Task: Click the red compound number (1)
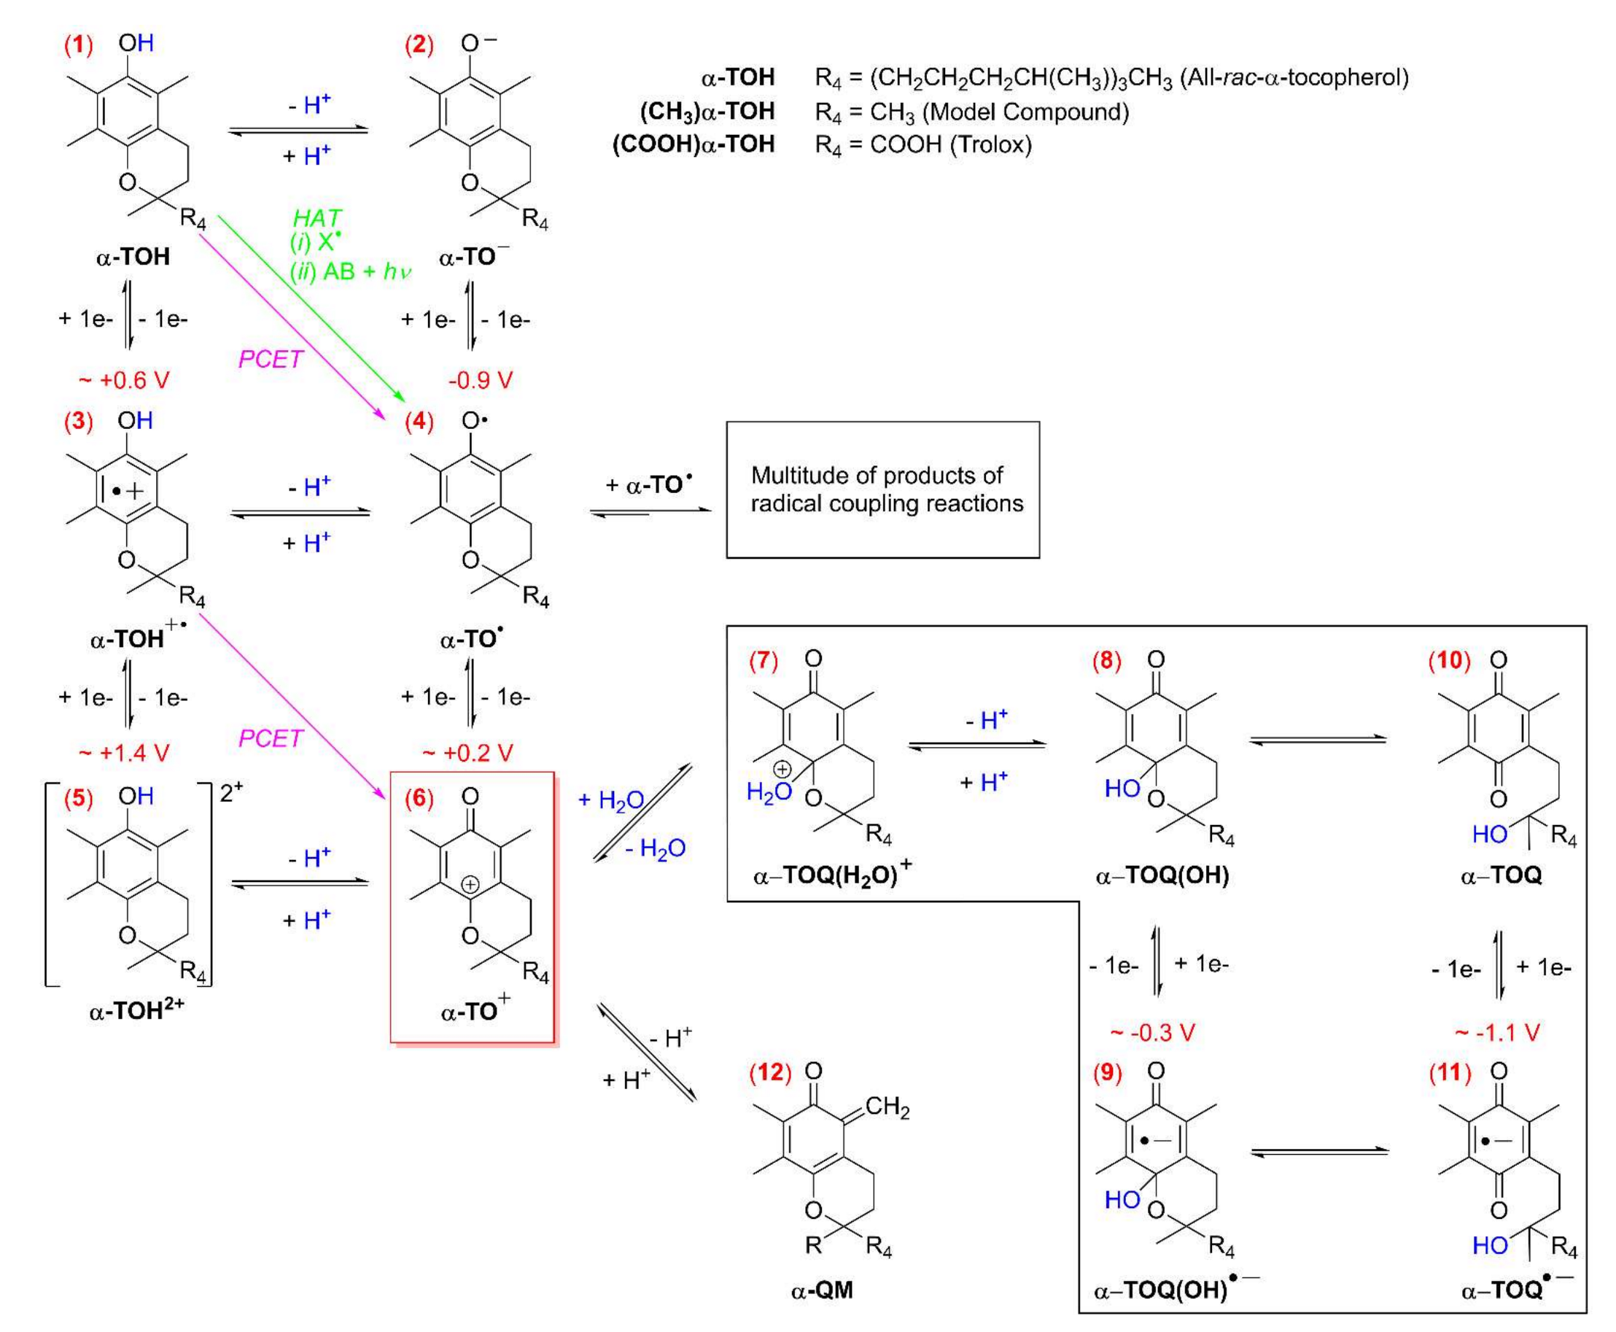77,45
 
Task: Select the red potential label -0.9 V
480,380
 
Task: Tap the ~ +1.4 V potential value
124,753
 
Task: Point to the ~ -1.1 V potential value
1496,1033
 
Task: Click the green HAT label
316,219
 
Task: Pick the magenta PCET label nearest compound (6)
271,738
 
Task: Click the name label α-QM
821,1290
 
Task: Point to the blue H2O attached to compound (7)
769,792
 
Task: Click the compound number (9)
1107,1072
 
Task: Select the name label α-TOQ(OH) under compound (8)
1162,875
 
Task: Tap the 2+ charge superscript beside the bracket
230,793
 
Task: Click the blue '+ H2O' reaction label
610,800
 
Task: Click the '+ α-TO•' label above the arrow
648,485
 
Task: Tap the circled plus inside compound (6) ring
470,885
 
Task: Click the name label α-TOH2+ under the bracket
136,1011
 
